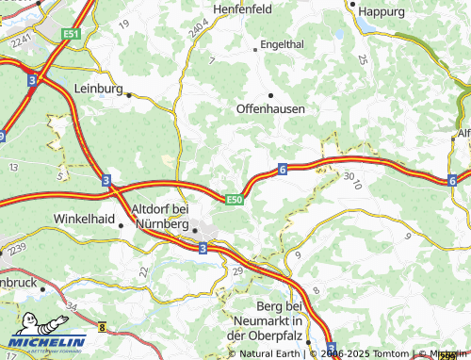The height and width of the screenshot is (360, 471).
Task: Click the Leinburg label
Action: tap(98, 88)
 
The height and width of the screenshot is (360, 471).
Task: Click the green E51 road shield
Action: tap(73, 33)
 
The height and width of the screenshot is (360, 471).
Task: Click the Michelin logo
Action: tap(47, 341)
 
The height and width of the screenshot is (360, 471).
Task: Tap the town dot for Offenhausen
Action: tap(271, 95)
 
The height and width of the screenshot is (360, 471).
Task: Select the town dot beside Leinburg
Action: tap(129, 94)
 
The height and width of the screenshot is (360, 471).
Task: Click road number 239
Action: tap(17, 247)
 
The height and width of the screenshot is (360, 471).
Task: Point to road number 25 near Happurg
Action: tap(363, 58)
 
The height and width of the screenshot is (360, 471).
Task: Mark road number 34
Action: tap(73, 307)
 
